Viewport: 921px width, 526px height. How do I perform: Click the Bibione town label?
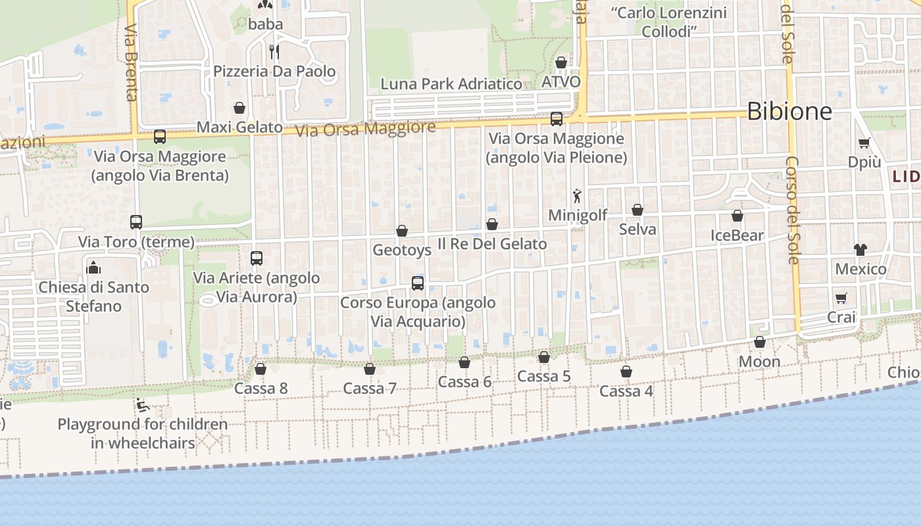point(789,111)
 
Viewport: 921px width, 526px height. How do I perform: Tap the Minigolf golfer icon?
point(577,196)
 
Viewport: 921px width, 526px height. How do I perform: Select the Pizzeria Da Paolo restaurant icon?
point(274,51)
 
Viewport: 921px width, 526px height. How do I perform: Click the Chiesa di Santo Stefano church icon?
point(93,268)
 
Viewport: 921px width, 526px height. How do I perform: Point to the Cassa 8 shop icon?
point(261,369)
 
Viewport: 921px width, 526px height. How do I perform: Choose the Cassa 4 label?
point(626,391)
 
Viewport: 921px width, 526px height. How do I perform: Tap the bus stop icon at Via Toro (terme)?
point(136,222)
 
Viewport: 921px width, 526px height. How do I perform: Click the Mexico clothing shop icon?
point(860,249)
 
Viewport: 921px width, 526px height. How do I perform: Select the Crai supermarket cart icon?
point(841,298)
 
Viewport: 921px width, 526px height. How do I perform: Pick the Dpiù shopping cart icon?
point(864,143)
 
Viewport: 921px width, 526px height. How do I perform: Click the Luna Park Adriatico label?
point(451,84)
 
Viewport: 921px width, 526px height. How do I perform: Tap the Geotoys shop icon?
point(401,231)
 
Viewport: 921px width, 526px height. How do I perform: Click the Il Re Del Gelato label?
point(492,244)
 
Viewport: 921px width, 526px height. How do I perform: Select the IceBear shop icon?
point(737,216)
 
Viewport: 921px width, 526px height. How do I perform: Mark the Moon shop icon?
point(759,343)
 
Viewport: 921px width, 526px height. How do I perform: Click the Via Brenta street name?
point(130,62)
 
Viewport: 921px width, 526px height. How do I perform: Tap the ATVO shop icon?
point(561,63)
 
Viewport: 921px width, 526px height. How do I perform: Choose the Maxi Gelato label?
point(239,127)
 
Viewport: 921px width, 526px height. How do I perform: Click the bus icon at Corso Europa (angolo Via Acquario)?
point(417,283)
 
